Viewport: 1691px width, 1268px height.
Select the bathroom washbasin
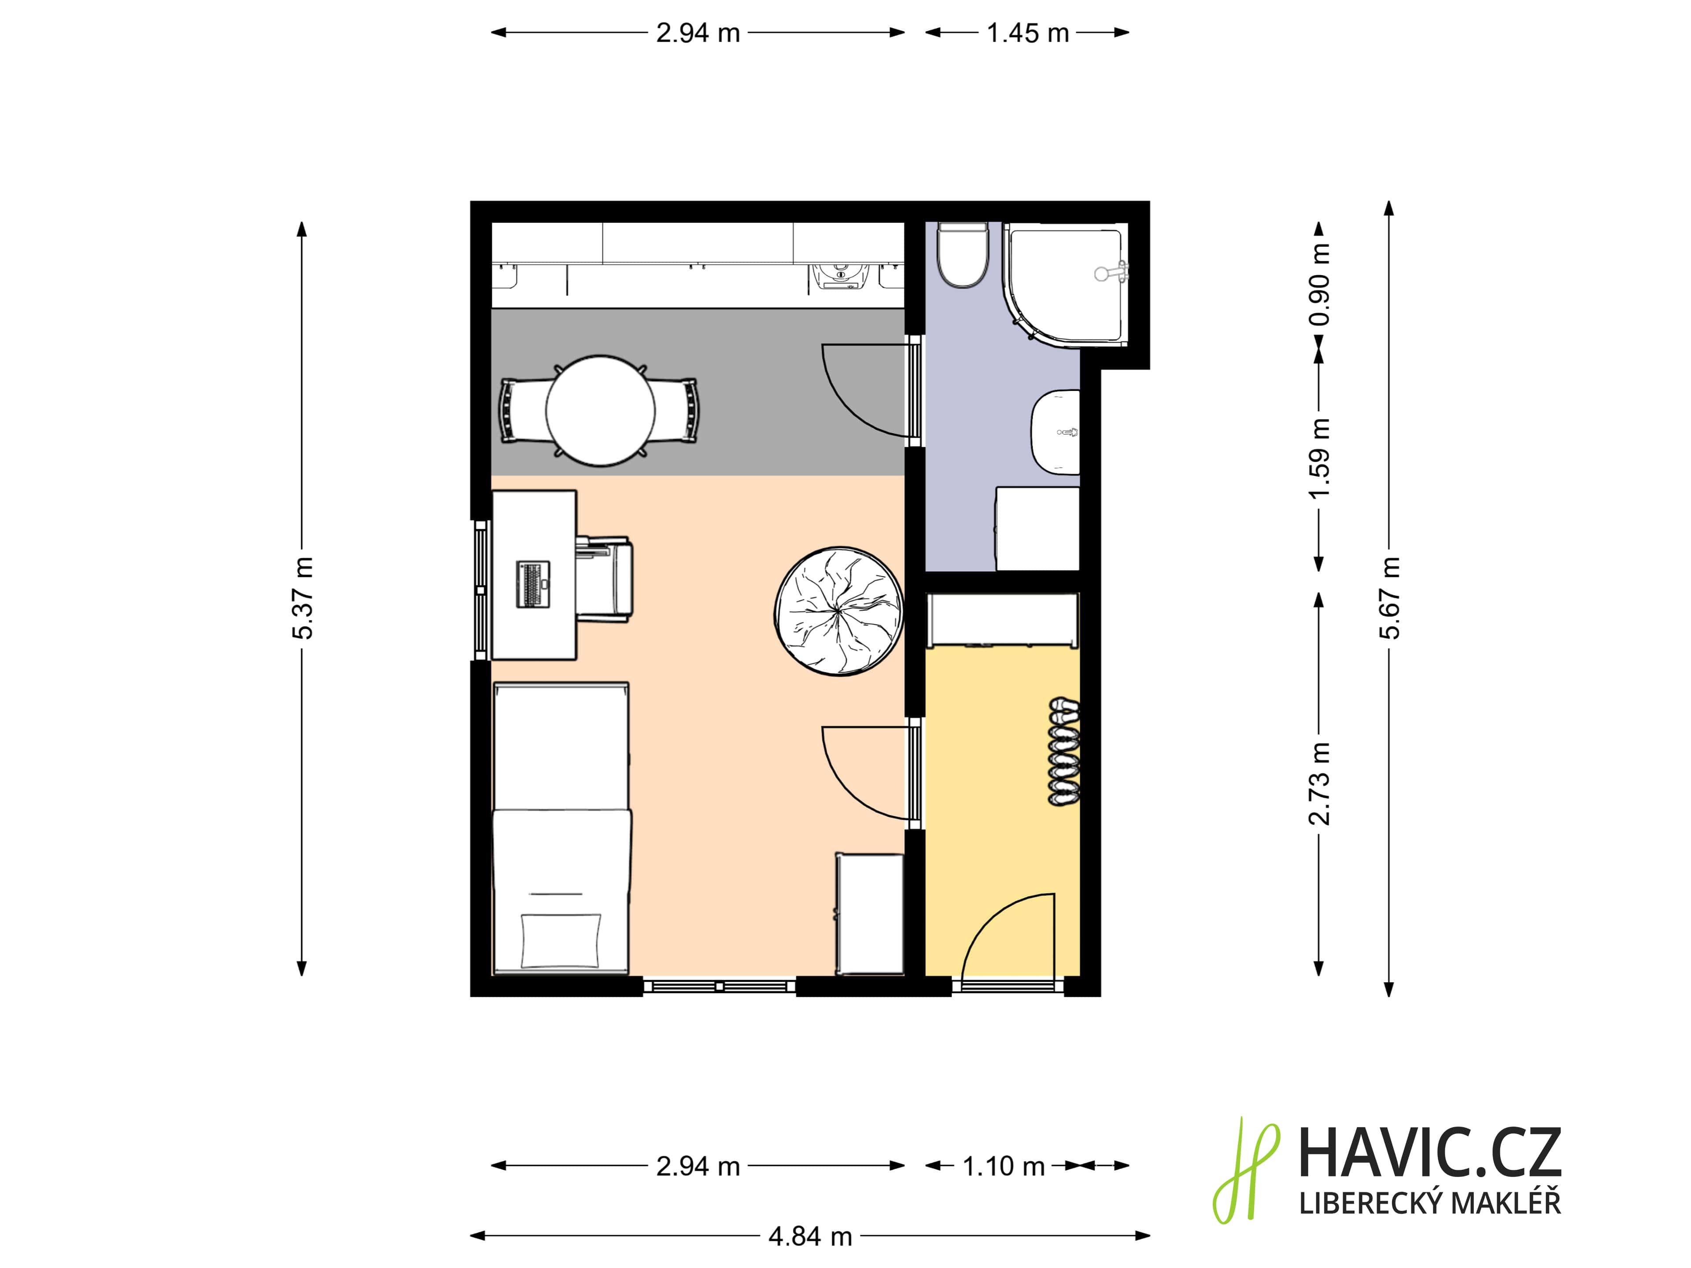[1056, 432]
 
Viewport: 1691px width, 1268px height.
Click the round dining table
[600, 410]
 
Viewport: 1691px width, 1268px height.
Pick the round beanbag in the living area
[838, 612]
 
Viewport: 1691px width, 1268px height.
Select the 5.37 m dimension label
[303, 598]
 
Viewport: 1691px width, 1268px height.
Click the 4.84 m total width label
[810, 1236]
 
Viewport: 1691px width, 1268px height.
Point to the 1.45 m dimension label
[1027, 33]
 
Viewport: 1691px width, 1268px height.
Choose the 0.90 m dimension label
[1319, 284]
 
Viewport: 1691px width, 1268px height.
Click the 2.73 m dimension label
[1319, 783]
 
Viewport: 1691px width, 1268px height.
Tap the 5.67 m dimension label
[1390, 598]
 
